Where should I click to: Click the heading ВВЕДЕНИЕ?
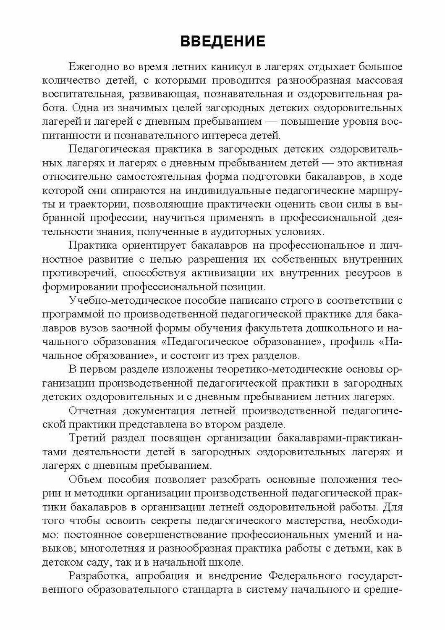click(x=222, y=42)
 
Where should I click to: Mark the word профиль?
click(x=355, y=341)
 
